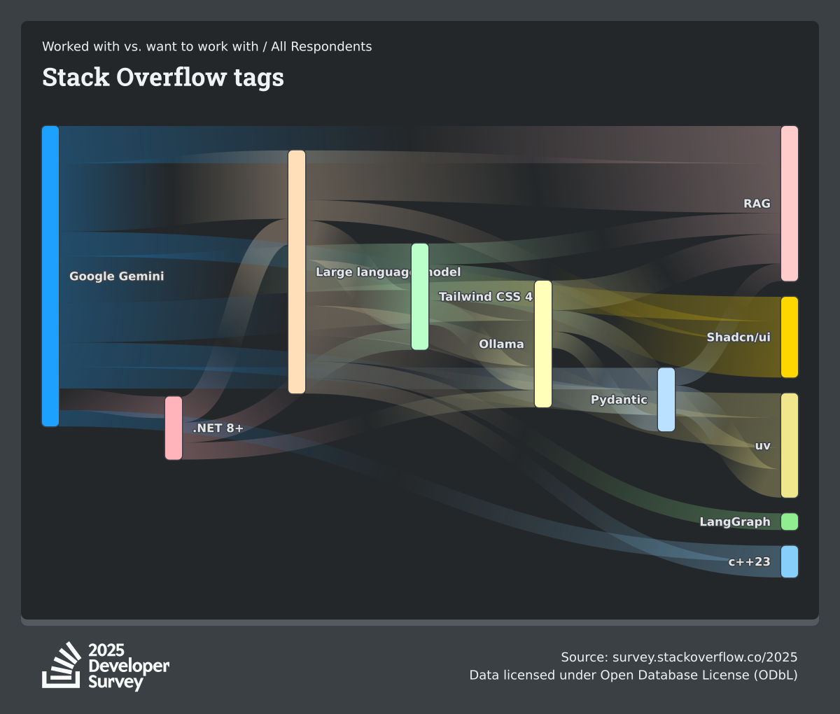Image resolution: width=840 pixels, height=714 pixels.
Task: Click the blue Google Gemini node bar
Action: (x=50, y=276)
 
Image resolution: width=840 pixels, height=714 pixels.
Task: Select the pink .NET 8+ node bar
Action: (x=174, y=428)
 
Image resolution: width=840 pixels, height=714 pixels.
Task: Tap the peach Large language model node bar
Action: (x=297, y=272)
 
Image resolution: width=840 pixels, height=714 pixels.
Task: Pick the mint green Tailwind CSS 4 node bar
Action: (x=420, y=297)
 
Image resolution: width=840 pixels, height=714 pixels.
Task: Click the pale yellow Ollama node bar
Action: (x=543, y=344)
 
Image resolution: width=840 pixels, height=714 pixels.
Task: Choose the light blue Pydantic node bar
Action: (x=666, y=400)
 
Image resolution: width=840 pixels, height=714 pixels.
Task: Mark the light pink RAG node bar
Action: (x=789, y=203)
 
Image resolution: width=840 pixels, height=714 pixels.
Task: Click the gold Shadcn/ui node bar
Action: (x=789, y=337)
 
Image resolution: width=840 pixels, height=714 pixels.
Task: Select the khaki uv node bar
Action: (x=789, y=445)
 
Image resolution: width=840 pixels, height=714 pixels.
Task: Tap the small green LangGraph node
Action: (x=789, y=521)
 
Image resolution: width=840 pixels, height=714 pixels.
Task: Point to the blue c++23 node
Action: (x=789, y=561)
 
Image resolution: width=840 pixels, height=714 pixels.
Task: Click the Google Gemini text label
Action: (x=117, y=276)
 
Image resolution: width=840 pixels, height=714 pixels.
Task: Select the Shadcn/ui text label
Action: (x=738, y=337)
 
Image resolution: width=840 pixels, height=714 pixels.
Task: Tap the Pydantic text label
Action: (x=619, y=400)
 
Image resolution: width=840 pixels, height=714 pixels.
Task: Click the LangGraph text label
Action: (x=735, y=521)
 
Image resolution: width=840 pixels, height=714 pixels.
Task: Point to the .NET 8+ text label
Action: (x=218, y=428)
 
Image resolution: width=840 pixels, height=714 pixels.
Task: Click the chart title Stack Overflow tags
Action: (x=163, y=77)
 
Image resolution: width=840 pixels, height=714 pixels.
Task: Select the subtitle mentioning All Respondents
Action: (x=207, y=47)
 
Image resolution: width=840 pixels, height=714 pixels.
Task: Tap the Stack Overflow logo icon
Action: (x=62, y=665)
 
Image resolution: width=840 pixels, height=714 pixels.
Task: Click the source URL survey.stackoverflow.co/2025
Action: (x=705, y=657)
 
